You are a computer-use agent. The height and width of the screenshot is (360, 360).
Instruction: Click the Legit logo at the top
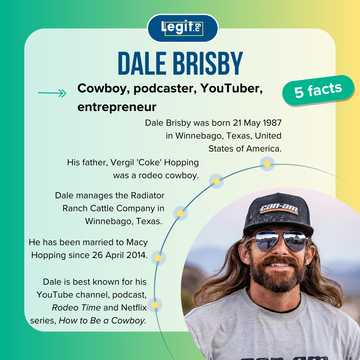point(180,27)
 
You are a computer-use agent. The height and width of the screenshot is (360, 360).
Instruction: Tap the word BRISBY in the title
point(209,64)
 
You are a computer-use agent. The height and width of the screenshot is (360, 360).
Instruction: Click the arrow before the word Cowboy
point(51,93)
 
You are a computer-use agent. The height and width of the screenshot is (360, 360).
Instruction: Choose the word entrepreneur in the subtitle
point(121,109)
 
